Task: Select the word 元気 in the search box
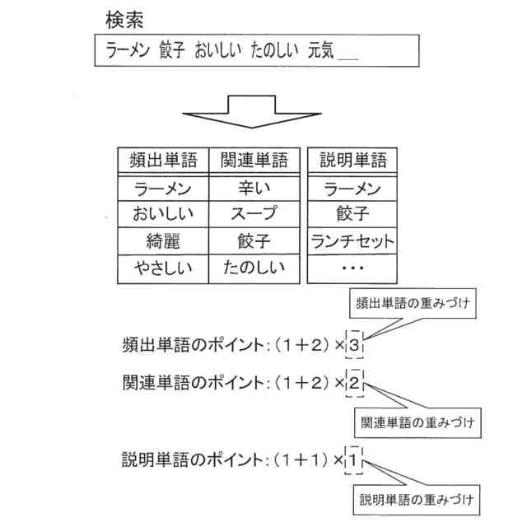(320, 52)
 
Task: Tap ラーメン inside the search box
(128, 52)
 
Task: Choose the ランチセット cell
(352, 241)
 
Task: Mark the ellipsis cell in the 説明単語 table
(352, 268)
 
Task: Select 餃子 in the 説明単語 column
(352, 214)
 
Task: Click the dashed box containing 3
(353, 346)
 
